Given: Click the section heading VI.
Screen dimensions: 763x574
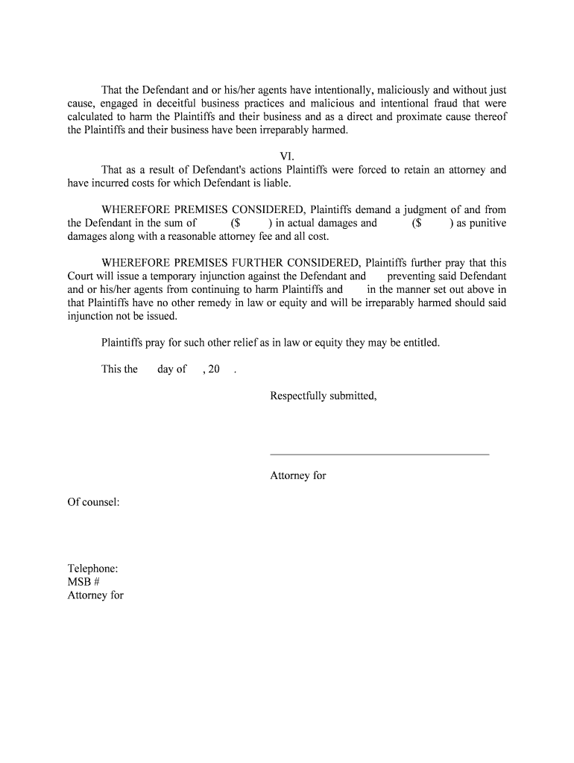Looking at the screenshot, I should [287, 156].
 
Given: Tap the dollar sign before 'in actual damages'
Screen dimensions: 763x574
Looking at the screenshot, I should [236, 223].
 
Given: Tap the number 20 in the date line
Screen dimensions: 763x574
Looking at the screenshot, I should [214, 370].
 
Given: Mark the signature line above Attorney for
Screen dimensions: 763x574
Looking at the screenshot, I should [379, 454].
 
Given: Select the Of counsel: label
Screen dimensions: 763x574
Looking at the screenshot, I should [94, 502].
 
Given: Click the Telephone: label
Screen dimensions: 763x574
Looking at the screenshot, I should [92, 569].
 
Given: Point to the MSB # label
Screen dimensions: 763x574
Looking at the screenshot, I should [83, 582].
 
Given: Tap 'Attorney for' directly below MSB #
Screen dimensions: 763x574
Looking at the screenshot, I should [95, 595].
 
